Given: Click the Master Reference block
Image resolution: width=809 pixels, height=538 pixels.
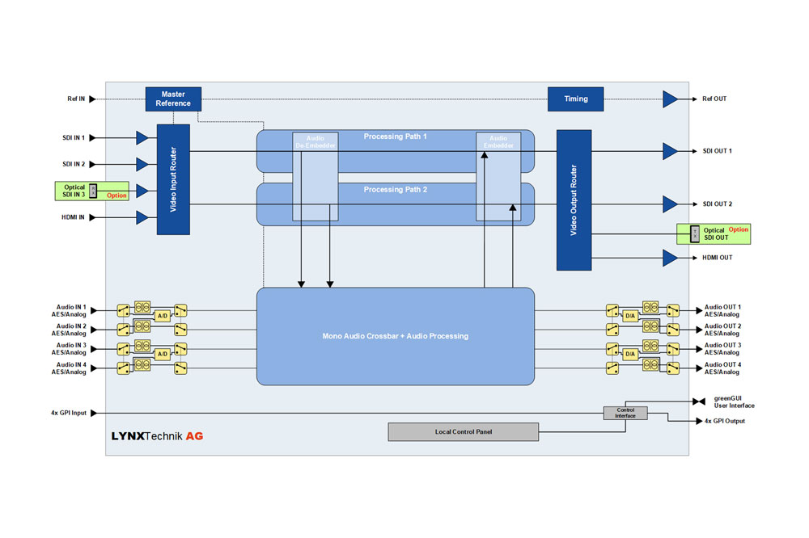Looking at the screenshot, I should [x=173, y=99].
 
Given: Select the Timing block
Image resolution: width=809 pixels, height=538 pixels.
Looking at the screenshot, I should [x=576, y=99].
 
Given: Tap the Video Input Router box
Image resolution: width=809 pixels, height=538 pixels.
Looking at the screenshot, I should [x=173, y=179].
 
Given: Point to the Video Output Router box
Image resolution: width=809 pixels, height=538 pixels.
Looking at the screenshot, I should [x=574, y=200].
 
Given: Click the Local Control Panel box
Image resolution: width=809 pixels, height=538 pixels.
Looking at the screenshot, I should [x=463, y=432].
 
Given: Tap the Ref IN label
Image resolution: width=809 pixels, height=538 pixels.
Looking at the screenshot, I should [x=76, y=99].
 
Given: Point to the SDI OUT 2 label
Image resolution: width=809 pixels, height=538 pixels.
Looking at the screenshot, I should [x=718, y=204].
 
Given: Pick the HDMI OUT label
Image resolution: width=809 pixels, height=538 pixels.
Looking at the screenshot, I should [x=717, y=258].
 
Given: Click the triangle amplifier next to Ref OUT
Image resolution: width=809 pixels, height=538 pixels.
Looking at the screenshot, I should [x=670, y=99].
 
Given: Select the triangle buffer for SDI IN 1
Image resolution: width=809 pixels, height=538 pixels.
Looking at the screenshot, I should [x=142, y=137].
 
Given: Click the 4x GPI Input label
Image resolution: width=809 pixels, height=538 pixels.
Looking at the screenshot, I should [x=68, y=414].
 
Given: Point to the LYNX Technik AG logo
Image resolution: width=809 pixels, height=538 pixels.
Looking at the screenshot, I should [x=157, y=436].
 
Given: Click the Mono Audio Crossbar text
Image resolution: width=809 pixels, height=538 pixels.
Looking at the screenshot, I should [x=396, y=335].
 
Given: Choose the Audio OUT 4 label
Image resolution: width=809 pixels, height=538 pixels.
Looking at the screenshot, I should [x=722, y=368].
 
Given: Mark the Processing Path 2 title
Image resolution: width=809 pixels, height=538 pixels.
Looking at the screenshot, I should [x=395, y=190].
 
